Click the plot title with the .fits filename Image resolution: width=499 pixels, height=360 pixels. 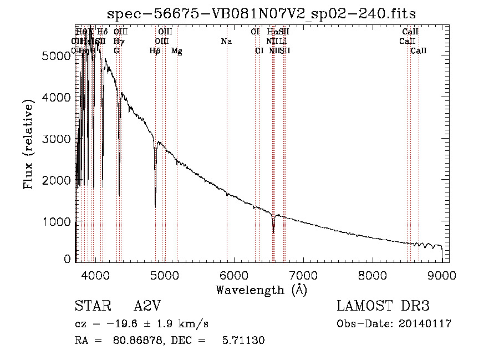pyautogui.click(x=261, y=14)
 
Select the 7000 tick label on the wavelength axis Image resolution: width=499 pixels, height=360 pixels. pyautogui.click(x=303, y=274)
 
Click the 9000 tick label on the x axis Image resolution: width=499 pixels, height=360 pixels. pyautogui.click(x=441, y=274)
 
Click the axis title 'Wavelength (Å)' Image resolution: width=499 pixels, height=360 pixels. pyautogui.click(x=261, y=290)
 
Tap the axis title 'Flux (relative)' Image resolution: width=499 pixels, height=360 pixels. pyautogui.click(x=28, y=144)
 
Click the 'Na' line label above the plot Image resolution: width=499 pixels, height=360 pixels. pyautogui.click(x=226, y=42)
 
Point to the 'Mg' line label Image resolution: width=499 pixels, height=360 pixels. pyautogui.click(x=176, y=51)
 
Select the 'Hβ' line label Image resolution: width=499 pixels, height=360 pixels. pyautogui.click(x=155, y=51)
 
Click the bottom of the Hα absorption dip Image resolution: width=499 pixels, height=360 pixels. pyautogui.click(x=273, y=231)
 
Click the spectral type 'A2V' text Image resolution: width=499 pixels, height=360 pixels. pyautogui.click(x=147, y=307)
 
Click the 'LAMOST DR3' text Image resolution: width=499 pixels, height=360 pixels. pyautogui.click(x=383, y=307)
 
